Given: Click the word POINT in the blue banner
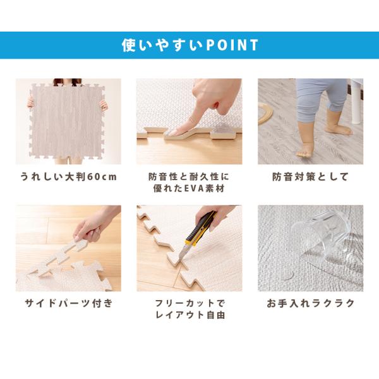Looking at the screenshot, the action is pos(232,45).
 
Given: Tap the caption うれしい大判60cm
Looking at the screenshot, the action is pos(68,177).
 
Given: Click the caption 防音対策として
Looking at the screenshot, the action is pos(310,177).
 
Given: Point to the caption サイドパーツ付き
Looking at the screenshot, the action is pos(69,303).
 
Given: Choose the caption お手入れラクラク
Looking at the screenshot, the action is pos(311,303).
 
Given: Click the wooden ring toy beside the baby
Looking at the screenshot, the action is pos(265,113).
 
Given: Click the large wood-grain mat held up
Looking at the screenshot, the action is pos(67,121).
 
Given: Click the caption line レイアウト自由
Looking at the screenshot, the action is pos(190,315).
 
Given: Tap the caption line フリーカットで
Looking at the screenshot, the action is pos(190,303).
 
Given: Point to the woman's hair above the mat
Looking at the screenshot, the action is pos(67,82).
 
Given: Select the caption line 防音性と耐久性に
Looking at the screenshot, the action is pos(189,177).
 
